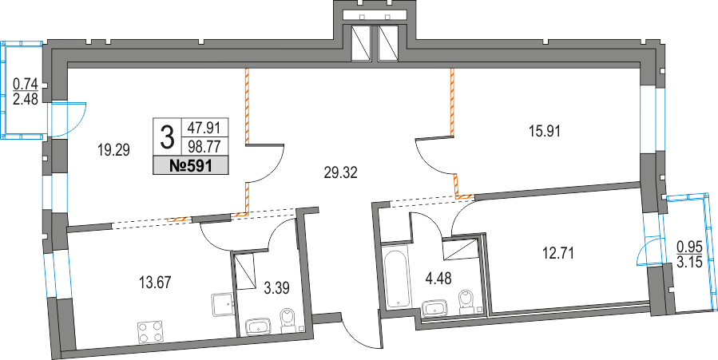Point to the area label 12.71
point(558,253)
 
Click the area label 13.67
point(155,280)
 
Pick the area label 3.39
point(276,285)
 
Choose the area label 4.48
point(439,278)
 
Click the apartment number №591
point(191,166)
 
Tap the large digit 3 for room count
point(168,137)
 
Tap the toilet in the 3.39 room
point(288,321)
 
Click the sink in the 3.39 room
point(260,326)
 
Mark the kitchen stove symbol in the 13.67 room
point(221,304)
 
